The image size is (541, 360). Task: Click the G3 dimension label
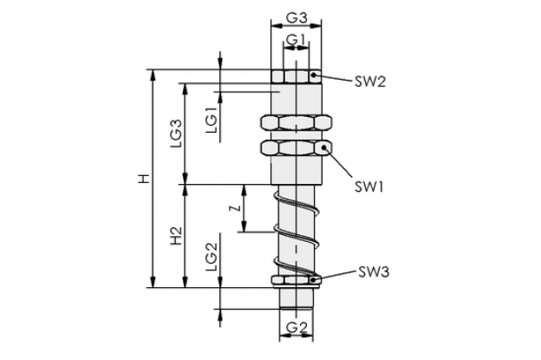297,17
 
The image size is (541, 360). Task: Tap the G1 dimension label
296,40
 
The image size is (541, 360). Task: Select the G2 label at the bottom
297,327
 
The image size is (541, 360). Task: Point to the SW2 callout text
370,82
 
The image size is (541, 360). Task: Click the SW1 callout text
368,187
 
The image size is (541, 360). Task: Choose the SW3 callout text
374,272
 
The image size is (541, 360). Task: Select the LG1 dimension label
212,120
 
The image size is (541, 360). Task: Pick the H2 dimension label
176,236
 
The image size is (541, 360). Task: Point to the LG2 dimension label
212,256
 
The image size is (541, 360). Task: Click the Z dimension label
235,208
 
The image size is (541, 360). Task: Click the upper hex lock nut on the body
297,122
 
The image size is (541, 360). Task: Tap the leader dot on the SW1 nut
324,147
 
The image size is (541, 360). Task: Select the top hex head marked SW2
297,76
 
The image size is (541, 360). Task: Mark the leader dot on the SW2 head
313,75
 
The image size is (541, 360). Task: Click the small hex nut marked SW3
296,280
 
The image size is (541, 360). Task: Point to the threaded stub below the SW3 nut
297,298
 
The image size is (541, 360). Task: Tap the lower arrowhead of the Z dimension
244,226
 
